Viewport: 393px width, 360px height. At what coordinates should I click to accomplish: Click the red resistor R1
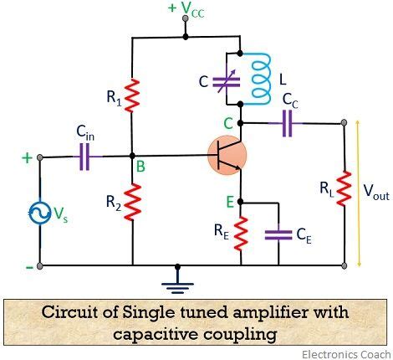132,95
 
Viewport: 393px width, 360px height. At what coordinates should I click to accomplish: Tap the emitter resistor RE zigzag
241,234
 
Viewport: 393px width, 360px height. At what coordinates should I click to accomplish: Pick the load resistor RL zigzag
344,188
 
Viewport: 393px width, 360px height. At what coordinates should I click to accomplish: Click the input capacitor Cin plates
84,157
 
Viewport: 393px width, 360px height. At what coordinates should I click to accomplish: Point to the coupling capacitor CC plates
288,123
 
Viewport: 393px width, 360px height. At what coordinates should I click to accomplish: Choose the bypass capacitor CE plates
278,235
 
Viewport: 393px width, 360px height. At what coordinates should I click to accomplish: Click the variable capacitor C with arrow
226,81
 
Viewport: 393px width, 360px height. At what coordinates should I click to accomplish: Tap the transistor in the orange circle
227,155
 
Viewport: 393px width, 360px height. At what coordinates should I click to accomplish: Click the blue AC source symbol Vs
40,213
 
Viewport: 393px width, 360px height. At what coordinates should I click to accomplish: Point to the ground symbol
177,285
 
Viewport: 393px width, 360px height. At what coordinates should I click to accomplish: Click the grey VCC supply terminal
185,18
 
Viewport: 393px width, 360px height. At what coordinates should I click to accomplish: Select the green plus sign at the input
27,158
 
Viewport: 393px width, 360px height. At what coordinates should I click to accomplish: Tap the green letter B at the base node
140,167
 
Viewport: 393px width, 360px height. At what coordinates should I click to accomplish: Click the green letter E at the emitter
230,202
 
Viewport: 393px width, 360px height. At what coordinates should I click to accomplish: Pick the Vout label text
376,192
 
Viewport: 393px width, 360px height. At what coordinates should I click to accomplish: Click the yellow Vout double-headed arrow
359,193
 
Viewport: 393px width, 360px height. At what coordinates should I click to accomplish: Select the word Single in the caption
149,313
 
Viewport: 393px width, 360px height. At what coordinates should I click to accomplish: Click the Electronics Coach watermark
346,354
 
